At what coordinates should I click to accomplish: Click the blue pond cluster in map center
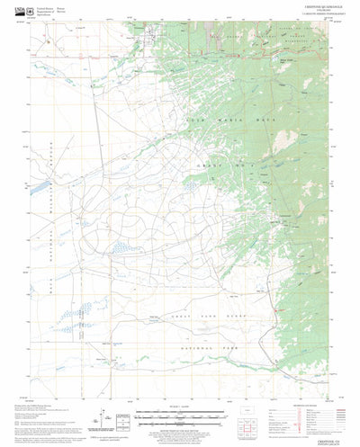pyautogui.click(x=190, y=186)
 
